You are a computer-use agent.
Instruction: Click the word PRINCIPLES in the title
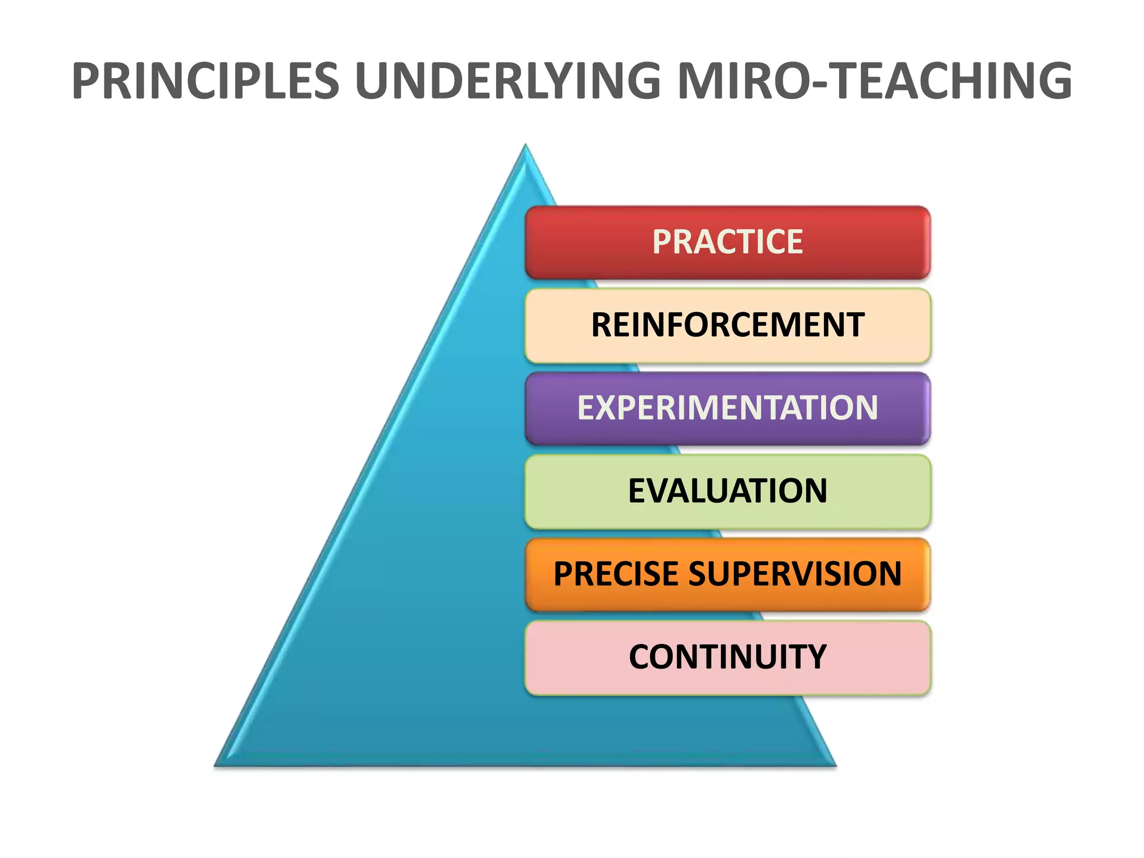[x=206, y=82]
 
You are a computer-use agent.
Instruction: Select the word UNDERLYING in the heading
[x=508, y=82]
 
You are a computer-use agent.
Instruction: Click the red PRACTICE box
[x=727, y=242]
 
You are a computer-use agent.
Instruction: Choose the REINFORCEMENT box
[x=727, y=325]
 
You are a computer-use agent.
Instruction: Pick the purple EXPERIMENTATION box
[x=727, y=408]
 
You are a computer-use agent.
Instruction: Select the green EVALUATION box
[x=727, y=491]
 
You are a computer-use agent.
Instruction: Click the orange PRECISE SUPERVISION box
[x=727, y=574]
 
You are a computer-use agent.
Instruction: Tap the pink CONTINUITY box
[x=727, y=657]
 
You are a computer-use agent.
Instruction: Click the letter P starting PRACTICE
[x=662, y=242]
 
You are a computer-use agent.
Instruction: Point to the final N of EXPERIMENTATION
[x=865, y=408]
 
